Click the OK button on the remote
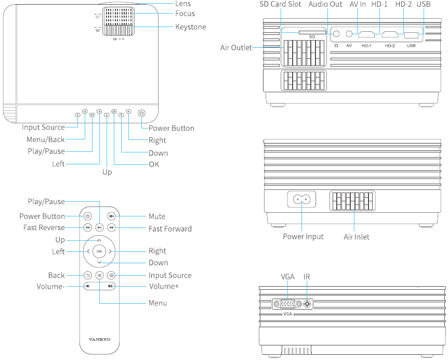point(99,251)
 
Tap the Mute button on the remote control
point(111,216)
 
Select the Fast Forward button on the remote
point(111,228)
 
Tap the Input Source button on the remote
point(111,275)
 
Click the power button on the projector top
point(141,113)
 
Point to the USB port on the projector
point(411,35)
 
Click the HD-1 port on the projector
point(367,35)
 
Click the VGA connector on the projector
point(288,304)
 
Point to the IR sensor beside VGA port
point(308,304)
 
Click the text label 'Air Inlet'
point(357,237)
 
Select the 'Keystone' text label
point(191,27)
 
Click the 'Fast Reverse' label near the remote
point(44,228)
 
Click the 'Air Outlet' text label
point(236,48)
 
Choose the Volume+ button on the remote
point(110,286)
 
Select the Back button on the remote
point(87,275)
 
